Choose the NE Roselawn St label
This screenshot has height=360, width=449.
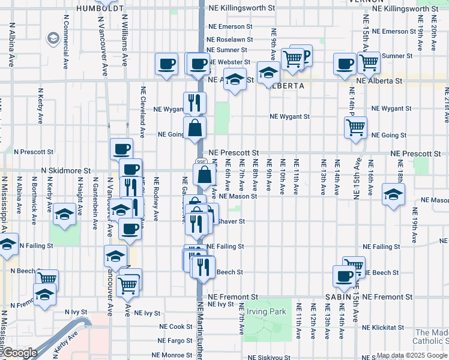(x=227, y=39)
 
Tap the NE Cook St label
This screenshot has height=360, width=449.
(x=175, y=327)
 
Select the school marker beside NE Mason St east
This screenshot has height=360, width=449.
(x=393, y=194)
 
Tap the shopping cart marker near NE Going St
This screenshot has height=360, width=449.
(x=355, y=127)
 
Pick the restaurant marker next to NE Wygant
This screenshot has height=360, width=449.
(x=194, y=103)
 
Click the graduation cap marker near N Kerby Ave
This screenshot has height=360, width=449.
(x=64, y=214)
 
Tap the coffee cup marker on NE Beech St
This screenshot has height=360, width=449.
(x=344, y=276)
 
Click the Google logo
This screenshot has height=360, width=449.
(x=19, y=353)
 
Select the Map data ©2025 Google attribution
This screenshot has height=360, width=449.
(x=412, y=356)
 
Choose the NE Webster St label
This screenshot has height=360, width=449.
(x=229, y=62)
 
